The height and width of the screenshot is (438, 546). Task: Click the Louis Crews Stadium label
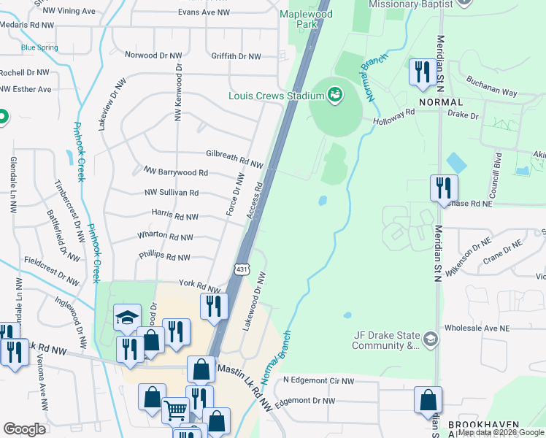(x=275, y=96)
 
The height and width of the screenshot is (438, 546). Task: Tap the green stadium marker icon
(x=335, y=94)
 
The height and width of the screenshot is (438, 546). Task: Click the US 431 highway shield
(x=242, y=270)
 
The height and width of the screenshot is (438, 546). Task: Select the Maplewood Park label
(x=306, y=20)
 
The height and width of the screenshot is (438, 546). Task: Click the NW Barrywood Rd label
(x=175, y=173)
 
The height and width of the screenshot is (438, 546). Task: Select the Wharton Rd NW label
(x=165, y=237)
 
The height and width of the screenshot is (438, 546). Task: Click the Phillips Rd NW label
(x=164, y=257)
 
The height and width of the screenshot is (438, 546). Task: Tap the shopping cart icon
(x=175, y=410)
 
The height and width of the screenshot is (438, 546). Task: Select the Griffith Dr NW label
(x=236, y=56)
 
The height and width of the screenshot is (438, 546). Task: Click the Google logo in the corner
(x=24, y=429)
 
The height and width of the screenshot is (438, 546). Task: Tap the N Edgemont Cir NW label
(x=319, y=380)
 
